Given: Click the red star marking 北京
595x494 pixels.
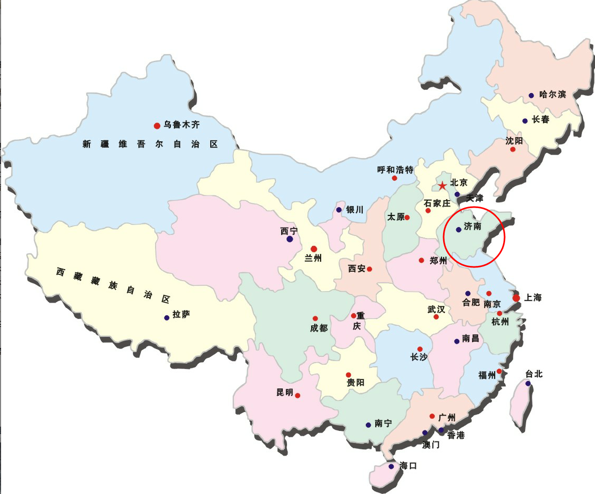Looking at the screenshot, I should point(442,186).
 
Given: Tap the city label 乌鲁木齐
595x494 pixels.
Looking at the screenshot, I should point(181,125).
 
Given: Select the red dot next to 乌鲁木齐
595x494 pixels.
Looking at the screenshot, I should point(157,126).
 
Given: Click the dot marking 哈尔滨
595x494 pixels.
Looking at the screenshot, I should point(531,96).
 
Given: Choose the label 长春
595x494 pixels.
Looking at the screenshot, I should point(541,120).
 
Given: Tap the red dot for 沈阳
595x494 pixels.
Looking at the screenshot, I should point(513,149).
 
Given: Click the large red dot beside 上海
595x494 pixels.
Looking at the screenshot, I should point(516,298).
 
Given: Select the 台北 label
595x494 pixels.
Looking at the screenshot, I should point(534,374).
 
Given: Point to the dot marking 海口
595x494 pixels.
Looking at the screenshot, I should point(391,466).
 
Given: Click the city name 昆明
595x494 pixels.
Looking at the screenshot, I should point(285,393).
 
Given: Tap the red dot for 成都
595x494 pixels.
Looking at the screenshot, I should point(315,318).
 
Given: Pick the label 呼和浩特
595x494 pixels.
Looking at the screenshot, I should point(395,170).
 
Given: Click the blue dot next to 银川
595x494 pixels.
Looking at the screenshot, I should point(339,210).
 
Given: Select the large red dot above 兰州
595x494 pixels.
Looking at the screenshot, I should point(314,249).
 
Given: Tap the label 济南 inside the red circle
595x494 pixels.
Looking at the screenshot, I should point(473,227).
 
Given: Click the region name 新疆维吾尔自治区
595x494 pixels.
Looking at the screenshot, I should point(150,144).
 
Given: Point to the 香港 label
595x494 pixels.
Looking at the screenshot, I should point(456,436).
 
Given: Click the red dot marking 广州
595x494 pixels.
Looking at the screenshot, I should point(432,416).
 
